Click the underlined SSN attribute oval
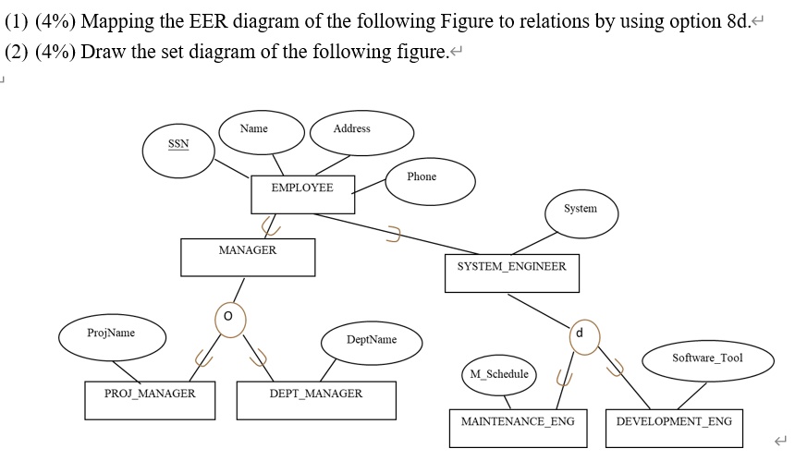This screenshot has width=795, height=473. pos(177,151)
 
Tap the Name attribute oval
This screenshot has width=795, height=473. pos(253,132)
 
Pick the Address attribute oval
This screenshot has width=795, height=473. pos(351,132)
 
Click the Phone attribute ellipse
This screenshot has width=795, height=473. pos(422,179)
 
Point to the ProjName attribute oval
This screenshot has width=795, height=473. pos(112,336)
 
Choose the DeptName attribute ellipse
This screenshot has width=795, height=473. pos(371,343)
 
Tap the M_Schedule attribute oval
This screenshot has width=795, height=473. pos(499,375)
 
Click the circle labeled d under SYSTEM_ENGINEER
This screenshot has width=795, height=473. pos(580,334)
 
